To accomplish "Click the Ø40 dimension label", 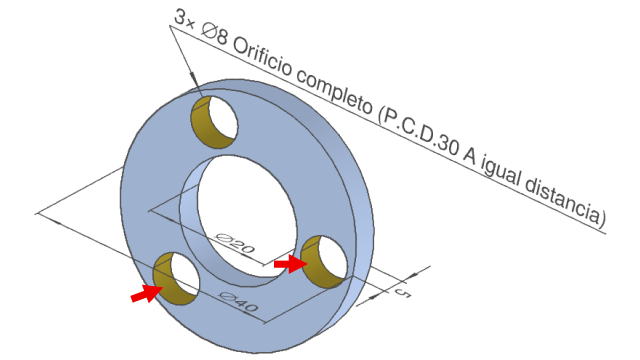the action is (x=238, y=302).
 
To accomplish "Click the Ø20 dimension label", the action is (x=235, y=242).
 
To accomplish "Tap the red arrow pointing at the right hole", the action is (x=290, y=264).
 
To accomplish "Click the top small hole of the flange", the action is (x=215, y=122).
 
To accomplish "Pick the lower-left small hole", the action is (x=176, y=278).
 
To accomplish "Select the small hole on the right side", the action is (x=324, y=262).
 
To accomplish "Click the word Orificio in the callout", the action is (x=262, y=58).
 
